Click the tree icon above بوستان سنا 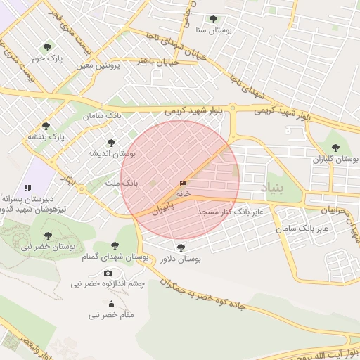click(x=213, y=19)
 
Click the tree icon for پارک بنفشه click(x=46, y=126)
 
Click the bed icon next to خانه click(x=184, y=184)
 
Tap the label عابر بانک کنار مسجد click(x=230, y=211)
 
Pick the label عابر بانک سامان click(x=303, y=229)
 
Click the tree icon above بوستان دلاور click(x=181, y=247)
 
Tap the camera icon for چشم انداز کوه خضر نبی click(x=108, y=273)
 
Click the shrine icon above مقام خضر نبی click(x=111, y=304)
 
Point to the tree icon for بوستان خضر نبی click(x=48, y=236)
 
